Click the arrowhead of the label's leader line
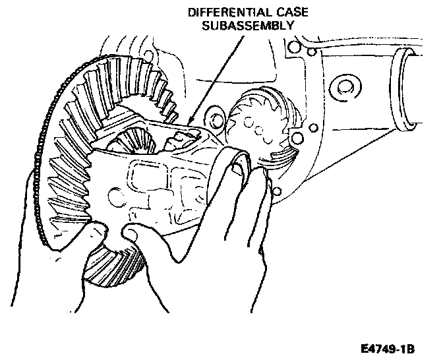click(x=189, y=122)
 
